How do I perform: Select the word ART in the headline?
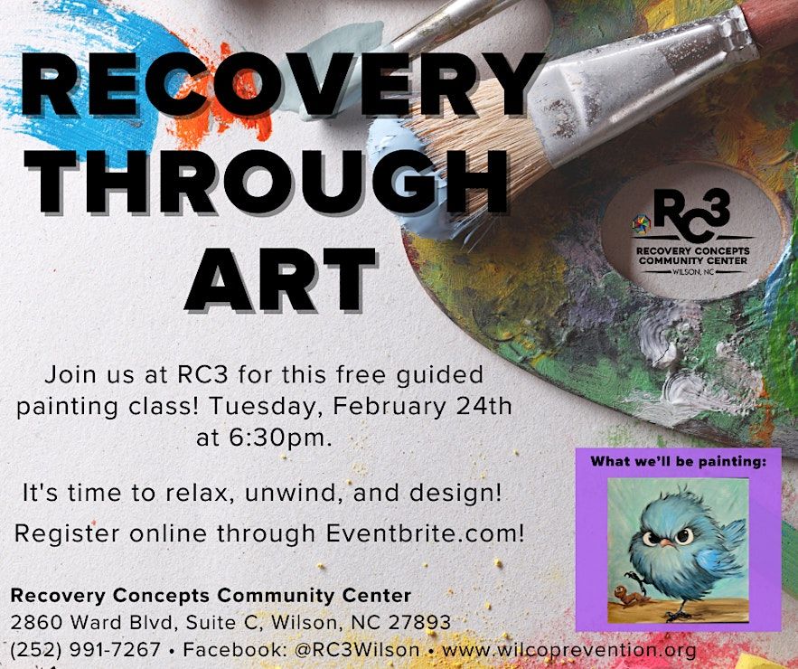(280, 279)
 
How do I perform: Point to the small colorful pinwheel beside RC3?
(642, 224)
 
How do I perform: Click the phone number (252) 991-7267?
(86, 650)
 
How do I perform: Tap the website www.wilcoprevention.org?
(569, 650)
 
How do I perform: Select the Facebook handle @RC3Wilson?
(357, 650)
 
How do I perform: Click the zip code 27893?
(419, 622)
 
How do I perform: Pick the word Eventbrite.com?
(425, 533)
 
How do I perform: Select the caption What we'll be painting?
(679, 462)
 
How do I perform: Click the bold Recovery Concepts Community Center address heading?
(211, 595)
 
